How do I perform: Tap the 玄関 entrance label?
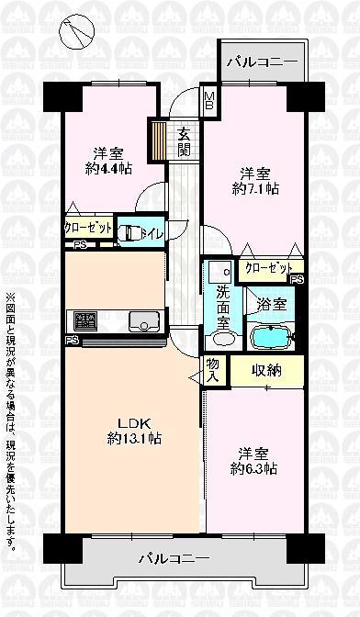pyautogui.click(x=184, y=140)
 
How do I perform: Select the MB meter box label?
pyautogui.click(x=208, y=98)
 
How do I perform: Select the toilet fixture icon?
pyautogui.click(x=131, y=234)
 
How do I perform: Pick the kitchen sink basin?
pyautogui.click(x=143, y=320)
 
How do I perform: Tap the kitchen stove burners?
pyautogui.click(x=85, y=321)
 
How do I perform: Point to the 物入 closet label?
pyautogui.click(x=212, y=369)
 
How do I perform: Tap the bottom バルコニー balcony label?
pyautogui.click(x=174, y=557)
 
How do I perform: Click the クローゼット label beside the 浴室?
pyautogui.click(x=269, y=268)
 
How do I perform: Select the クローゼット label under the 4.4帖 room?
pyautogui.click(x=88, y=228)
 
